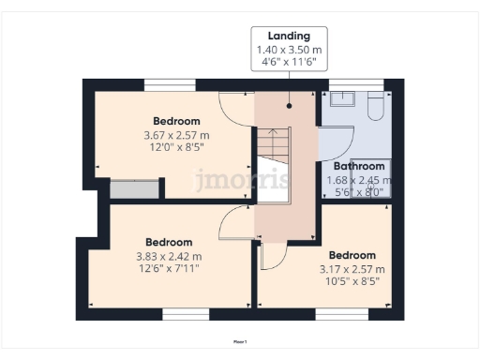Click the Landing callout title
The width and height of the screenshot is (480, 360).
[288, 36]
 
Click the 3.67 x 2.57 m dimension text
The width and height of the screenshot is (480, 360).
[176, 135]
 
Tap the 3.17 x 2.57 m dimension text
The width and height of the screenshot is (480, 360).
[352, 269]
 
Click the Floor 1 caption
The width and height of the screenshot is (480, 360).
[240, 342]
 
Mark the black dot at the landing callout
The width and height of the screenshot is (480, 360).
[289, 105]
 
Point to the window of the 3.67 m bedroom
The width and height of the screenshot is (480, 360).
[170, 84]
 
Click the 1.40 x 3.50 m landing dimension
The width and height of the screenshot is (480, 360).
[288, 50]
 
